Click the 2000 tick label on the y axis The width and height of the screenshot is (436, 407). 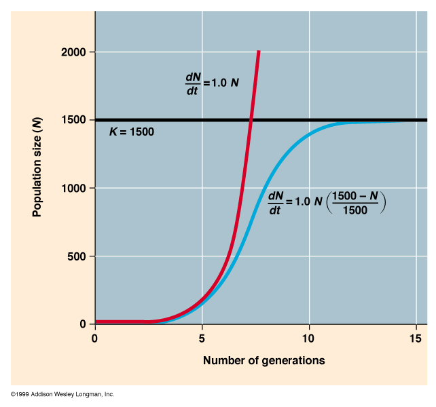point(73,52)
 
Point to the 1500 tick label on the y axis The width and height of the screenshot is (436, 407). point(73,120)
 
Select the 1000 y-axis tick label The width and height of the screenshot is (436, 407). point(73,188)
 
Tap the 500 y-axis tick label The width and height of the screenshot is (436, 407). point(76,256)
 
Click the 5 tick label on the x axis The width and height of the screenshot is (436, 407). point(202,337)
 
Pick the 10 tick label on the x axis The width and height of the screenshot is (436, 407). point(309,337)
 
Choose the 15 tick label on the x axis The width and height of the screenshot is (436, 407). point(416,337)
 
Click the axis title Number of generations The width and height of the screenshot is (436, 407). point(264,360)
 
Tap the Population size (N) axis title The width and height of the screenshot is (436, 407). point(37,168)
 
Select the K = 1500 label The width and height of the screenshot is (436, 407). point(132,132)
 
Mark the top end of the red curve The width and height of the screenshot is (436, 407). point(258,52)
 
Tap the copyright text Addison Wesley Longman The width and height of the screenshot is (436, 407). point(62,394)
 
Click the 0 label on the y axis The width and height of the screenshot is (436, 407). point(83,324)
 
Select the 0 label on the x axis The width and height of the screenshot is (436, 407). point(95,337)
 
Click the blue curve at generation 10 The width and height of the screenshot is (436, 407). point(309,134)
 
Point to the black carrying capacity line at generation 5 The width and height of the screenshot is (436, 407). point(202,120)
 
